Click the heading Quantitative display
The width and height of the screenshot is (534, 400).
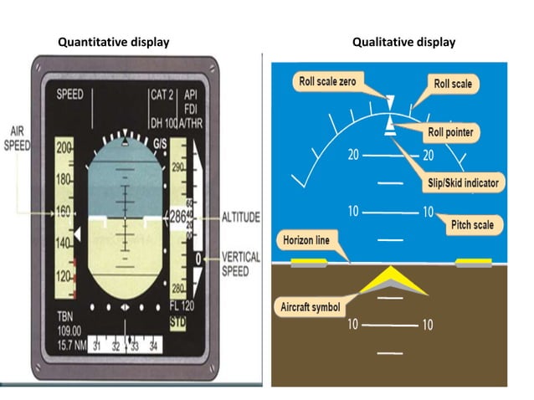[x=112, y=42]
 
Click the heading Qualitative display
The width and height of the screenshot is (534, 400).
[x=403, y=42]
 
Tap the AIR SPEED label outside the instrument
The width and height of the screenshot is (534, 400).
[x=17, y=137]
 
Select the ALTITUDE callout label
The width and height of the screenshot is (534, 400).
[x=241, y=216]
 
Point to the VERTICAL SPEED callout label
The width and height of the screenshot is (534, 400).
[x=241, y=264]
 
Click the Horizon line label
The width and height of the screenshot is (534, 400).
[x=306, y=240]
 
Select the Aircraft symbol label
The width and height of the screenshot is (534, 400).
[x=309, y=307]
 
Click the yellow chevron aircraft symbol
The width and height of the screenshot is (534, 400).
[x=391, y=281]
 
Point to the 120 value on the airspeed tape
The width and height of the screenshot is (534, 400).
[x=64, y=275]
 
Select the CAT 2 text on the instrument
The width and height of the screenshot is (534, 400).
[x=161, y=95]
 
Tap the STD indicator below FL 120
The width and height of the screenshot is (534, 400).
[x=178, y=320]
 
